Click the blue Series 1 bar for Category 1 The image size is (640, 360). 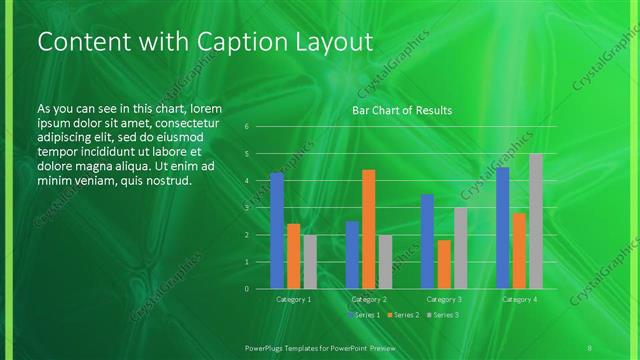277,230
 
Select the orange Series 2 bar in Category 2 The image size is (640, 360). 368,229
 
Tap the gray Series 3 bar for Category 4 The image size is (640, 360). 536,221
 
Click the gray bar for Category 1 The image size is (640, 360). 309,262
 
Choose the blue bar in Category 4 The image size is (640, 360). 503,227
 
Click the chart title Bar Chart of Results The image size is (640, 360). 402,110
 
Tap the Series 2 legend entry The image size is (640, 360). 403,315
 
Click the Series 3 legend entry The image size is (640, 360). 442,315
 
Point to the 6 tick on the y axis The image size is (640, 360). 246,127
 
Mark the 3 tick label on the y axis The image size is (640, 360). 246,208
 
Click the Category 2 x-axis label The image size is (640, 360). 368,299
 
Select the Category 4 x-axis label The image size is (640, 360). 519,299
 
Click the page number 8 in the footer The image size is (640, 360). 591,345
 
